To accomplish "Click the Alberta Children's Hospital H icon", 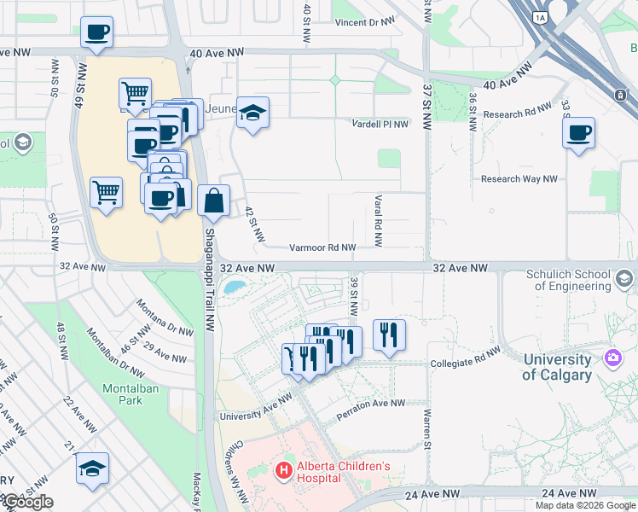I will pyautogui.click(x=283, y=469).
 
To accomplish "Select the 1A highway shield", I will pyautogui.click(x=539, y=17).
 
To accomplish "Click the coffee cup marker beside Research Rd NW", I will pyautogui.click(x=579, y=134).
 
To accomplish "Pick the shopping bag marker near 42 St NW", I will pyautogui.click(x=214, y=202).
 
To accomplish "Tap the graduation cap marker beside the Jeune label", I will pyautogui.click(x=252, y=113).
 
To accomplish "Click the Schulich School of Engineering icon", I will pyautogui.click(x=625, y=280).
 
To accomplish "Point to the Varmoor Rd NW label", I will pyautogui.click(x=322, y=247).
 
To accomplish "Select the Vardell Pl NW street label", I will pyautogui.click(x=380, y=124).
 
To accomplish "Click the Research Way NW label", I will pyautogui.click(x=519, y=179).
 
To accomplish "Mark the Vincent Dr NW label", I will pyautogui.click(x=365, y=22).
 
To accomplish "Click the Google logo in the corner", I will pyautogui.click(x=28, y=502).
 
